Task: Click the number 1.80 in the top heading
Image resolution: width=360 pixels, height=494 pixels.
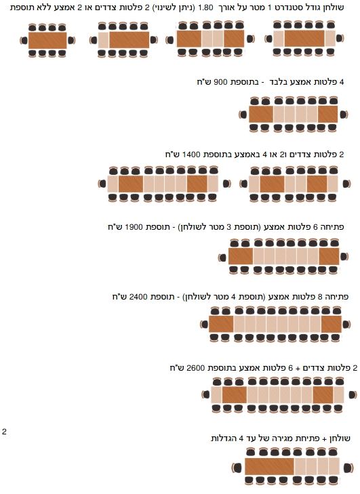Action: [205, 7]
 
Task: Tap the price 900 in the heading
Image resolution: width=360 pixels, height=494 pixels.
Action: [220, 82]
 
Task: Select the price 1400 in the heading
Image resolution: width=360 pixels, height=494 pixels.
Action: [191, 155]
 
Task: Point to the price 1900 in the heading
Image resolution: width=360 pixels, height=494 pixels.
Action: [134, 227]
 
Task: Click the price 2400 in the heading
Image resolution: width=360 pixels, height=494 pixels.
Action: [138, 297]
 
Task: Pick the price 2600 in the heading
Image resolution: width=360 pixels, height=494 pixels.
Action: [196, 368]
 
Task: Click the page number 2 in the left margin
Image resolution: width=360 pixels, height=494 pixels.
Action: [4, 431]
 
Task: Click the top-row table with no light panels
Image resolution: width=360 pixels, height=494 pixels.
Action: [47, 40]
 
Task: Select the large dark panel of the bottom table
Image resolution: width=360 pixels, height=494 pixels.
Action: [269, 467]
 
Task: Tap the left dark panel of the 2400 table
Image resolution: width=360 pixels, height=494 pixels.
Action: [221, 324]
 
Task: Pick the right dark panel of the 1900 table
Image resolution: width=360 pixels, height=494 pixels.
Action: [329, 256]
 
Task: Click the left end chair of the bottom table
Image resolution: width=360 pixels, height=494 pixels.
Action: [237, 468]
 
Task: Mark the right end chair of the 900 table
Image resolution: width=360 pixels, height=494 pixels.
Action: [344, 115]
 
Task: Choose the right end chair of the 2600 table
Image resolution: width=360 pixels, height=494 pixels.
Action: [353, 395]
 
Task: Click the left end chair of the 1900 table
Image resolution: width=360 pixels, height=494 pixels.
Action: [222, 258]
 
